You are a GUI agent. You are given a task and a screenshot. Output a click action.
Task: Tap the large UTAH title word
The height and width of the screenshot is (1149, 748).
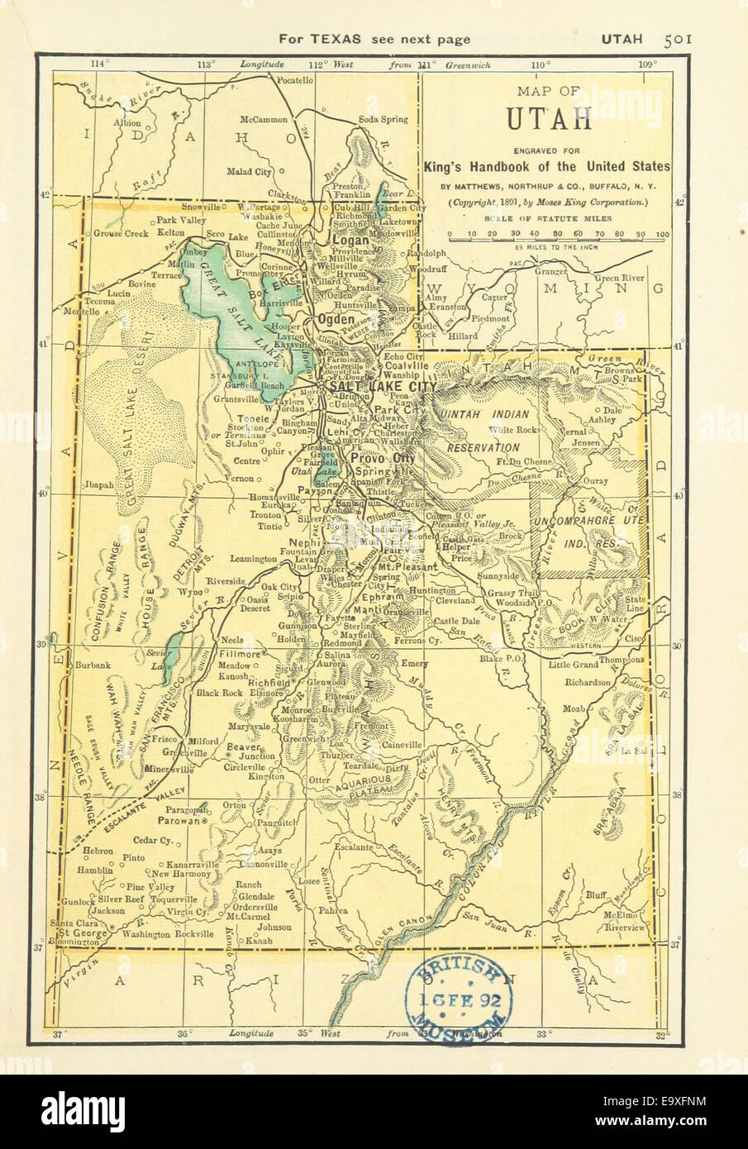click(549, 120)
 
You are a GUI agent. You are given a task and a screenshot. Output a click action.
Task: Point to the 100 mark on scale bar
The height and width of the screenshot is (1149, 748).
click(662, 235)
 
